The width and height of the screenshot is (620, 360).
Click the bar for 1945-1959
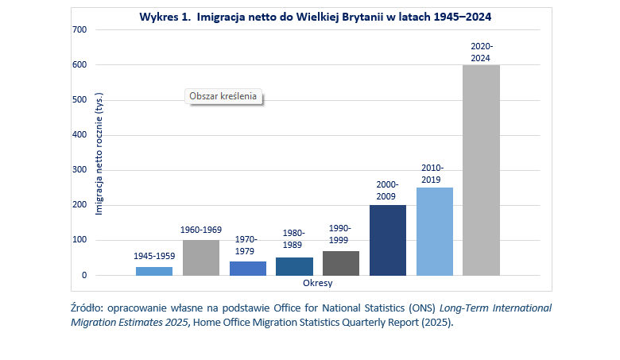[154, 271]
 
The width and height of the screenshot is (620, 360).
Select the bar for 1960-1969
[201, 257]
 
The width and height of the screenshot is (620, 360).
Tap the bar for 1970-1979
[248, 268]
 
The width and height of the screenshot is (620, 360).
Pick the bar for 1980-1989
[294, 266]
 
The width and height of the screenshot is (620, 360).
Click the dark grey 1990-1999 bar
[341, 263]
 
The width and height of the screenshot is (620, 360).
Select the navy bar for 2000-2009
[388, 240]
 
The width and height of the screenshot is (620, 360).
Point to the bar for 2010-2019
[435, 231]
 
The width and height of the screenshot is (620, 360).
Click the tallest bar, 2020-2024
[482, 170]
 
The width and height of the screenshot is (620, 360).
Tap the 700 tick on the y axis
[79, 29]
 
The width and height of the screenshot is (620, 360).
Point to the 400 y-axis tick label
[79, 135]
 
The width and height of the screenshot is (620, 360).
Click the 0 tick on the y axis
[83, 276]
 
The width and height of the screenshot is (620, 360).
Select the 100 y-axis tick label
[79, 240]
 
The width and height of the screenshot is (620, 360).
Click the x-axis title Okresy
[318, 283]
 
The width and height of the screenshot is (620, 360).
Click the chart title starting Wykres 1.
[316, 16]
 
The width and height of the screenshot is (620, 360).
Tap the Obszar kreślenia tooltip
[223, 96]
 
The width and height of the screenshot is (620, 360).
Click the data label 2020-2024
[482, 52]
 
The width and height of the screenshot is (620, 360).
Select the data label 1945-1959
[154, 256]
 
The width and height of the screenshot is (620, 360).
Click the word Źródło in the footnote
[87, 307]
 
